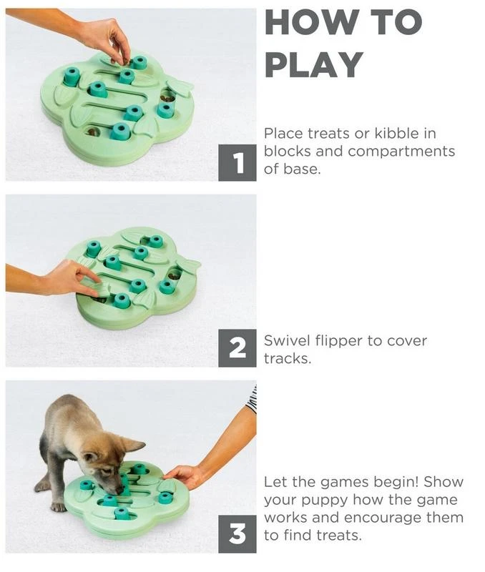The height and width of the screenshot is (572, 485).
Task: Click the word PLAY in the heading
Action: (314, 64)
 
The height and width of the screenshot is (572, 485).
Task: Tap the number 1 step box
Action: (237, 163)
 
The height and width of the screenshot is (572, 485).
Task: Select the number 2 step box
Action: (237, 348)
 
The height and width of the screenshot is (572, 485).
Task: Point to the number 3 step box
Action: (237, 534)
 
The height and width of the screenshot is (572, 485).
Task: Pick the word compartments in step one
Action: (401, 152)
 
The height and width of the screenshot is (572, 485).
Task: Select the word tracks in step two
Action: (288, 359)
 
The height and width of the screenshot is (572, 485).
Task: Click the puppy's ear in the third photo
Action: (132, 445)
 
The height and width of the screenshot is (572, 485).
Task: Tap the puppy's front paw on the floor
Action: (59, 506)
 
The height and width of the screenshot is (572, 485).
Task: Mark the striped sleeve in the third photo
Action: (252, 400)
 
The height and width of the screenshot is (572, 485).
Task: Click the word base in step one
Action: (300, 169)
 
